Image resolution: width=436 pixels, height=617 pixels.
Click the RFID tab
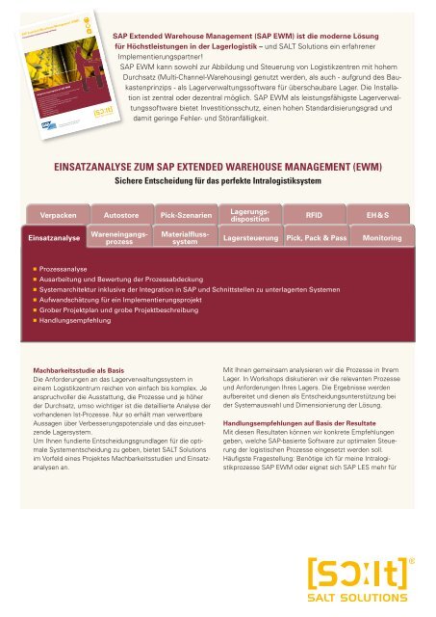[x=314, y=214]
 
